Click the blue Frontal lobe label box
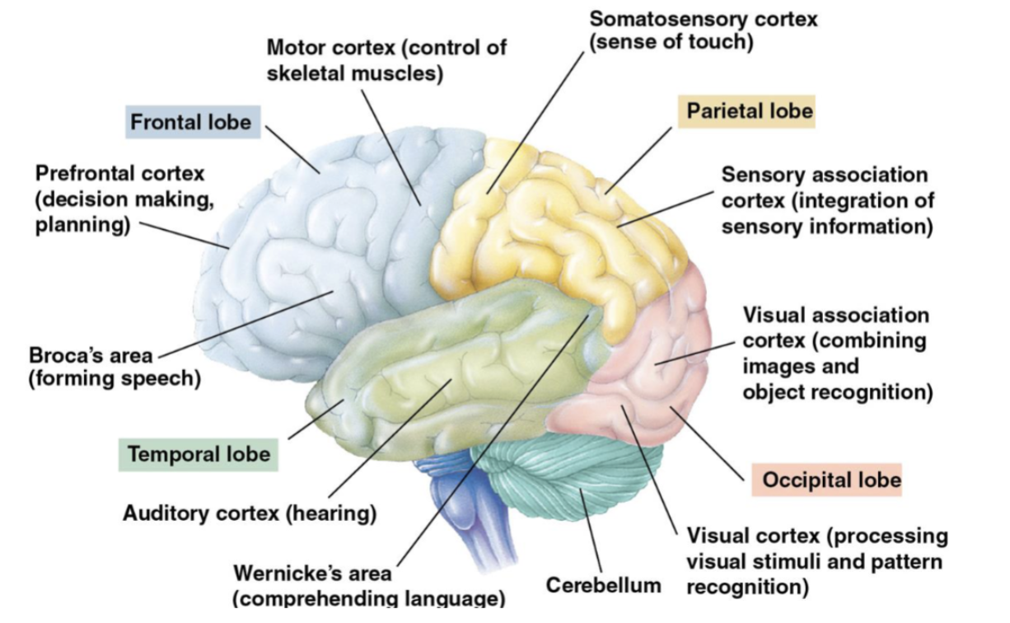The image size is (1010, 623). click(x=190, y=122)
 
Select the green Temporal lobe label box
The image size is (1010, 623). click(x=199, y=454)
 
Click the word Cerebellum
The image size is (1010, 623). click(x=603, y=585)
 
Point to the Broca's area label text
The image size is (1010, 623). click(x=91, y=357)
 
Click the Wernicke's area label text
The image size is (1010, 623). click(x=312, y=573)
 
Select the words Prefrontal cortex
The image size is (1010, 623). click(x=119, y=174)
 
